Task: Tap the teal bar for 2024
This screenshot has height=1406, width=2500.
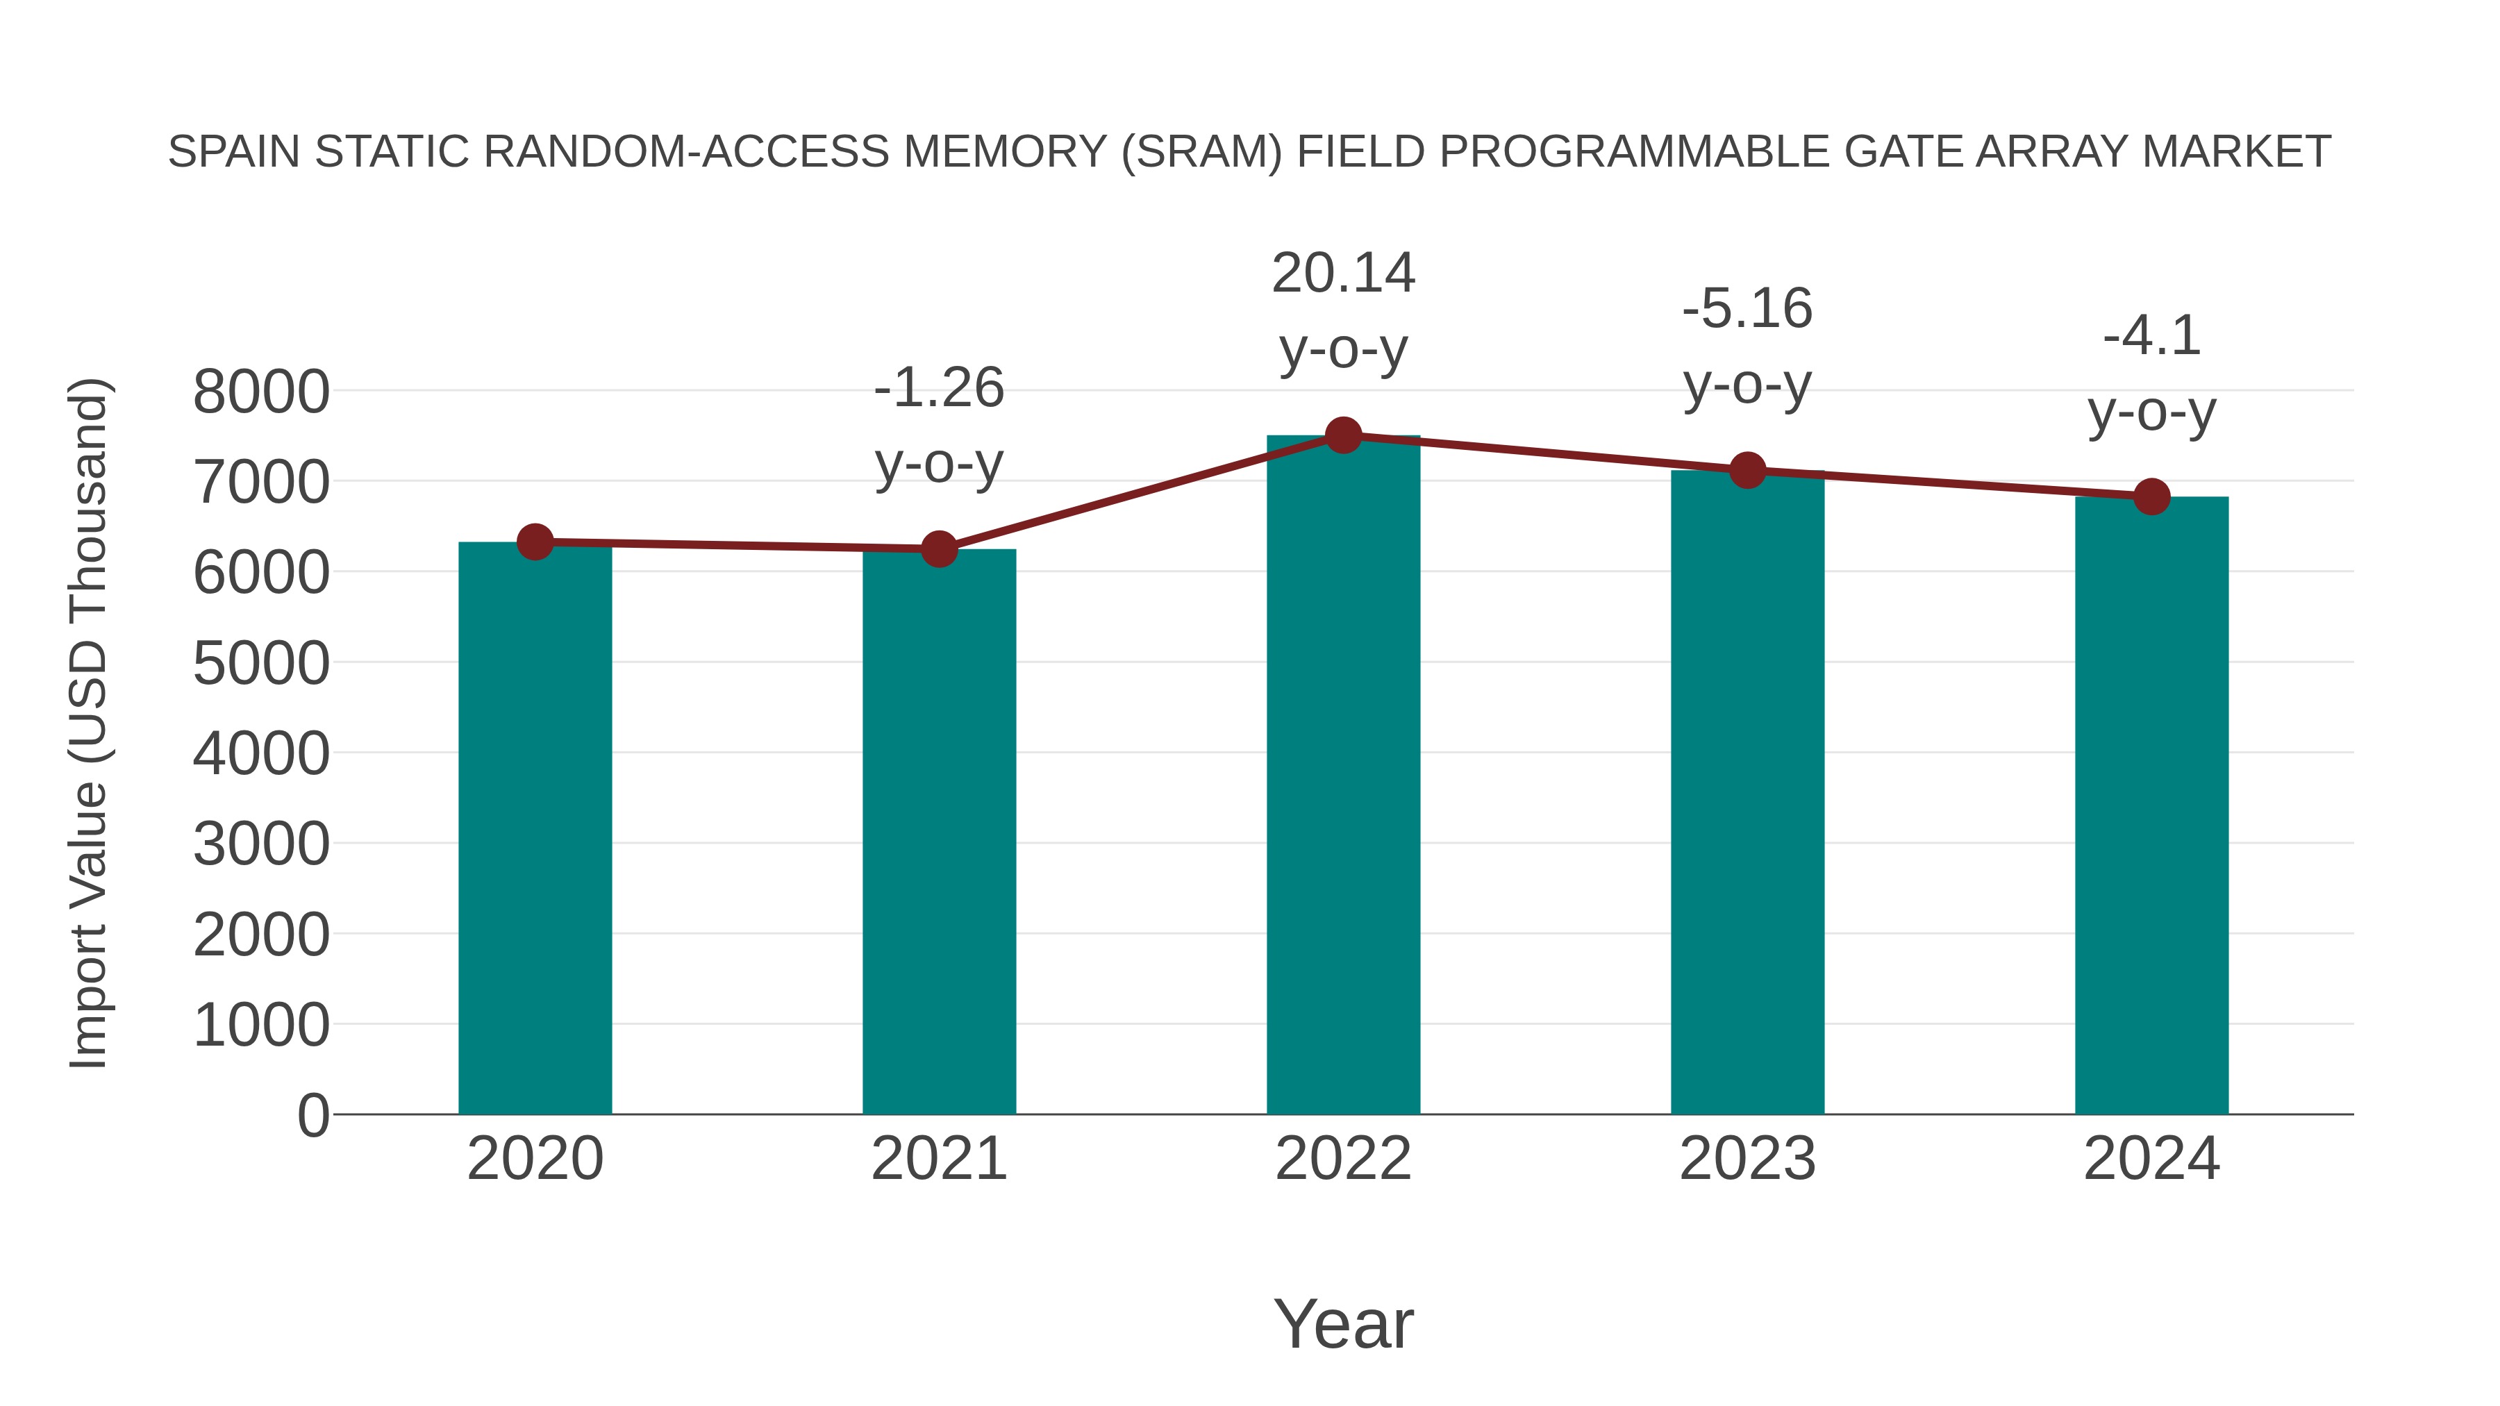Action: tap(2151, 805)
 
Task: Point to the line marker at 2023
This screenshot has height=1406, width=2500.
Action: tap(1747, 471)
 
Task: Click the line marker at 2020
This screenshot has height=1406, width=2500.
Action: tap(535, 542)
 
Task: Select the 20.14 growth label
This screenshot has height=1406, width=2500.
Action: tap(1343, 274)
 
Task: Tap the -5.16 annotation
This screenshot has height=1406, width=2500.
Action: tap(1747, 310)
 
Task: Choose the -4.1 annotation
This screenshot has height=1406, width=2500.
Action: tap(2151, 337)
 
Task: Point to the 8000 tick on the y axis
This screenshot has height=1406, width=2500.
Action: tap(261, 392)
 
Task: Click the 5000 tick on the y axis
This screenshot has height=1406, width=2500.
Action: tap(261, 664)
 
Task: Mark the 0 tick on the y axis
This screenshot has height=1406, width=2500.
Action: tap(312, 1115)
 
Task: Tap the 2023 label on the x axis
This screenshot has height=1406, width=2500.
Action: tap(1747, 1159)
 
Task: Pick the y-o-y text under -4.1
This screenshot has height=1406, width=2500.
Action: tap(2151, 412)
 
